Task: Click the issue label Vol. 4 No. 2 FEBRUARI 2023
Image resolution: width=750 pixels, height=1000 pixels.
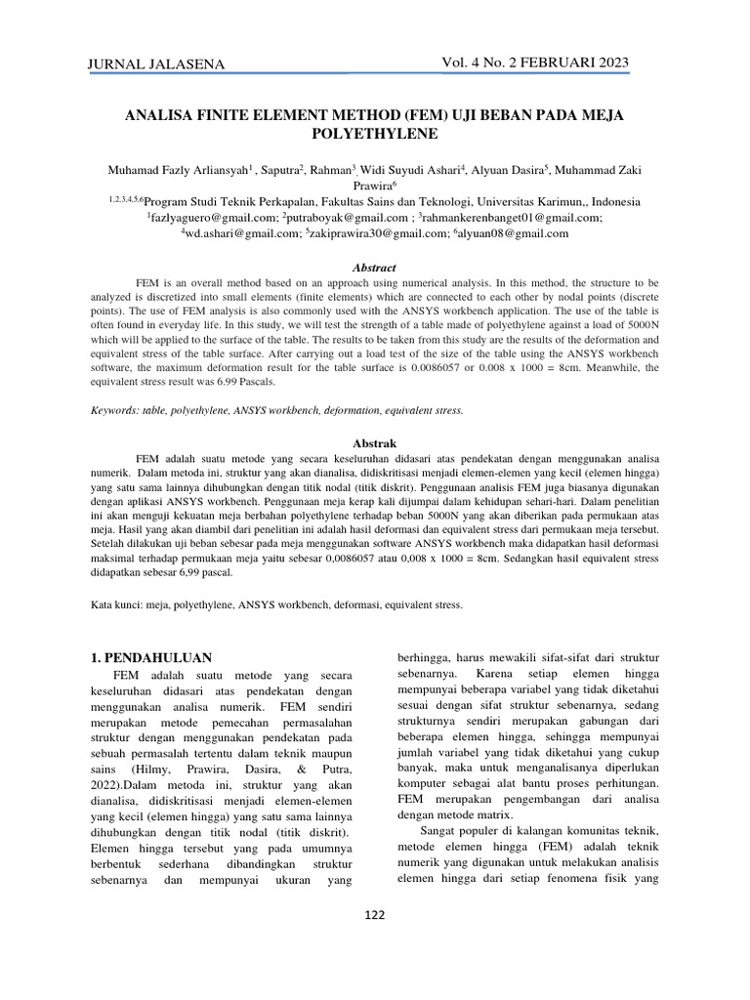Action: (x=535, y=62)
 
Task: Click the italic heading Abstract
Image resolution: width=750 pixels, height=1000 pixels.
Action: (x=375, y=268)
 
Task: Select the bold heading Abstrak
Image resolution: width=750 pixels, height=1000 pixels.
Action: (x=375, y=443)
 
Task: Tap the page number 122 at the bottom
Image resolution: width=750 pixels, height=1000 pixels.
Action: (x=375, y=914)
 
